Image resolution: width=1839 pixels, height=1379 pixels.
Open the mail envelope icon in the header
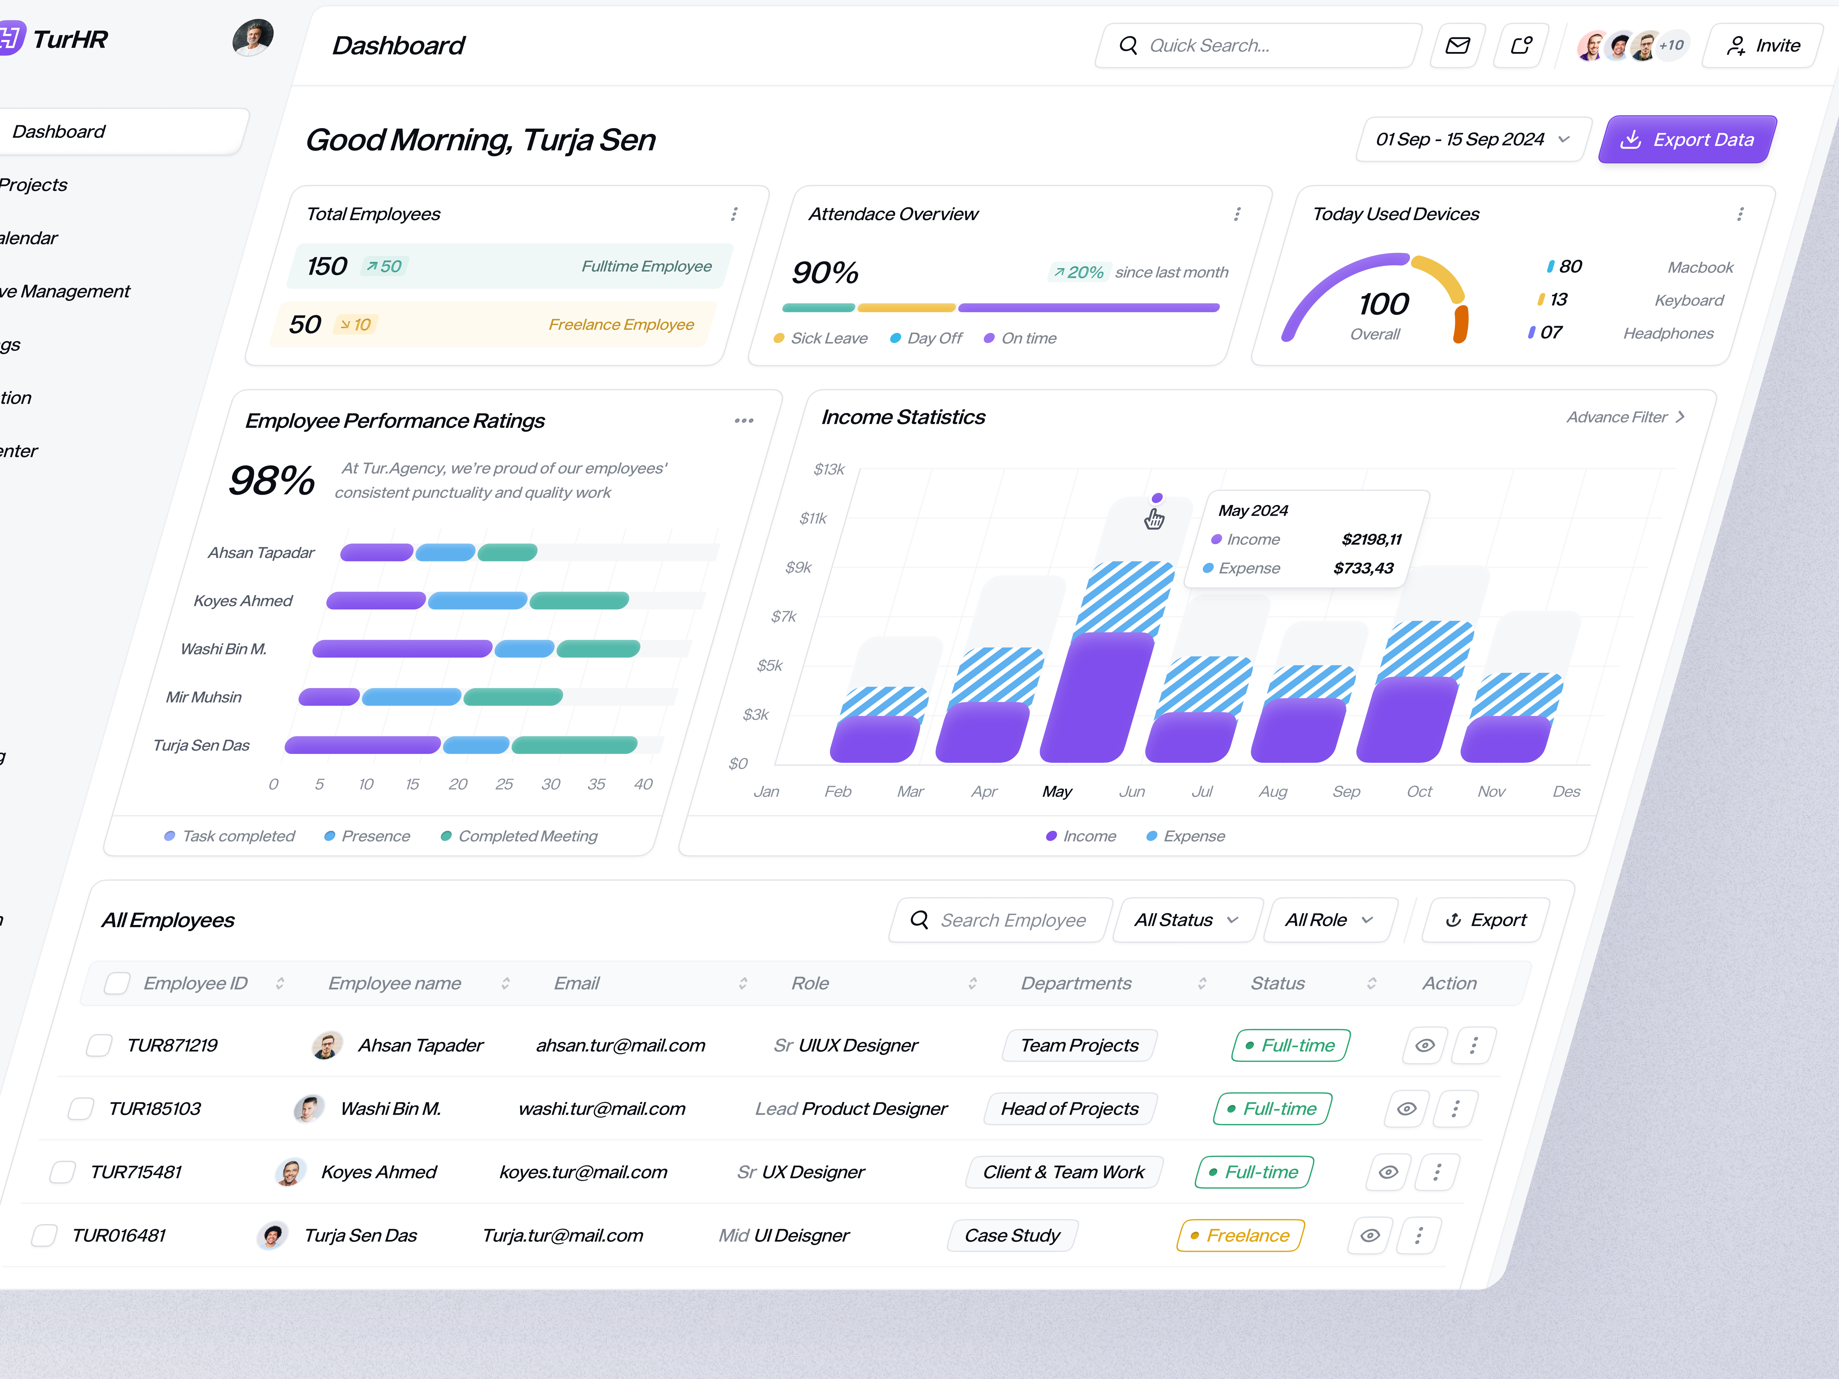coord(1457,46)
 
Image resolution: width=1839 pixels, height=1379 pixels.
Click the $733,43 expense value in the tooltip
coord(1363,569)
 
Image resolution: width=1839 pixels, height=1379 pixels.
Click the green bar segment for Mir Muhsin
coord(513,697)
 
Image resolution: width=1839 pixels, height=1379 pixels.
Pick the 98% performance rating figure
coord(272,480)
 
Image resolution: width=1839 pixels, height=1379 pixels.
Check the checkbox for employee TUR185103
coord(81,1109)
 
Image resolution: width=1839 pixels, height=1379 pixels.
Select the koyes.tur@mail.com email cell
coord(584,1172)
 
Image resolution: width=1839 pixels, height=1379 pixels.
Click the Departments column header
coord(1076,983)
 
